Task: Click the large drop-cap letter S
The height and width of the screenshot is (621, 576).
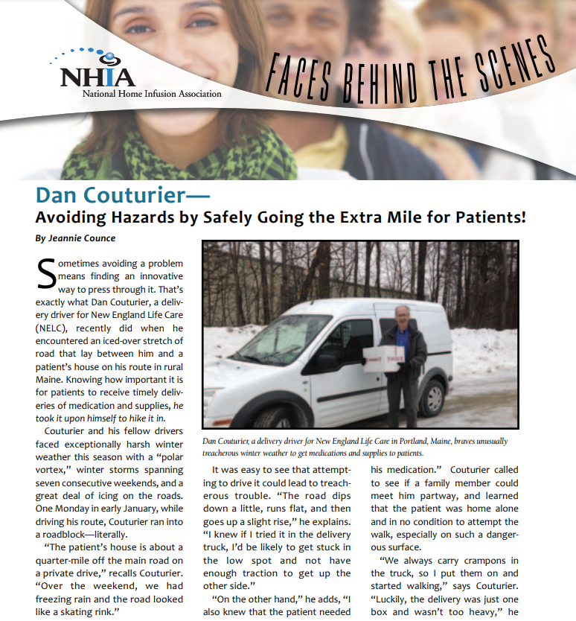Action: pos(45,274)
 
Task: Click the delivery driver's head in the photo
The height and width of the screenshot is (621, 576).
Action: pos(402,315)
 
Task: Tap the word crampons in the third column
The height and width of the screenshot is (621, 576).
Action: pos(480,560)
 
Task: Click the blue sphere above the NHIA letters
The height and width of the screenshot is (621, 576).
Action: pos(109,57)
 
